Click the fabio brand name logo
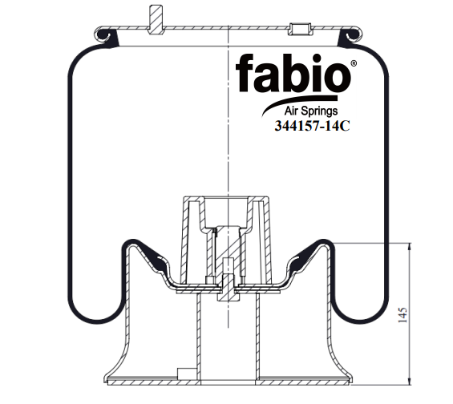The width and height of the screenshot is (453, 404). (293, 73)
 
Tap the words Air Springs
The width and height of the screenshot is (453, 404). (311, 111)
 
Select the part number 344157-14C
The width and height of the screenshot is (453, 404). (312, 126)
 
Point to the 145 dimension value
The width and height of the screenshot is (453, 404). (402, 315)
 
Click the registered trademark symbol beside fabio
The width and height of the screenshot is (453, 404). (354, 63)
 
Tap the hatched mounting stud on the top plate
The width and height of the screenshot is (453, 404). (156, 19)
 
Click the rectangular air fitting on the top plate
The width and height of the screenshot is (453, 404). (301, 29)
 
